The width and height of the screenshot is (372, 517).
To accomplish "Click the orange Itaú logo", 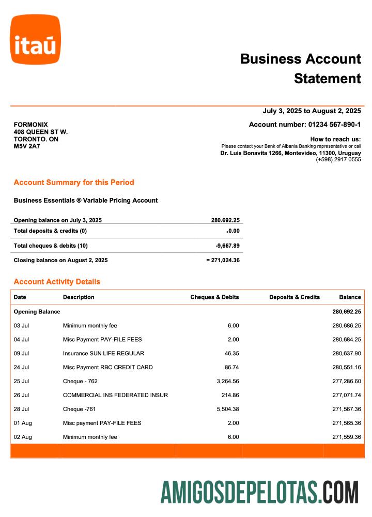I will (35, 40).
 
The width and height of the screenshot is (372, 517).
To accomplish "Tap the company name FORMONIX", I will (30, 125).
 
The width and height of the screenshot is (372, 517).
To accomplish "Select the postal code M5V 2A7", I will (27, 146).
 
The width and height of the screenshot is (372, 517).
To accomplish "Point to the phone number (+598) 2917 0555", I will (338, 160).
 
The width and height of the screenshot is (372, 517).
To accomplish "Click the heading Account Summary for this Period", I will (74, 183).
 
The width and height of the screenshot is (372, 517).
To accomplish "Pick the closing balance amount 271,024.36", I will (225, 260).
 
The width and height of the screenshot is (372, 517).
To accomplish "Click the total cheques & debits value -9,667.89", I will (227, 246).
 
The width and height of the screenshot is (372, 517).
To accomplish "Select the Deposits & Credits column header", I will (295, 297).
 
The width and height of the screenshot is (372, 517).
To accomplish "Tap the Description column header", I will (79, 297).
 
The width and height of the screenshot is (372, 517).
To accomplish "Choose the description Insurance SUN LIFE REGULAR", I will (103, 353).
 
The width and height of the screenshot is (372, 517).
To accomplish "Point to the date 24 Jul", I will (21, 367).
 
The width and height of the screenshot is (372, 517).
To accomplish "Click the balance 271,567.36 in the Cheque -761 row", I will (346, 409).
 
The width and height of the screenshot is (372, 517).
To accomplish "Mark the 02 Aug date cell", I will (23, 437).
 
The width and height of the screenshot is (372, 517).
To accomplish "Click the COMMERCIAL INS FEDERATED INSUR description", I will (115, 395).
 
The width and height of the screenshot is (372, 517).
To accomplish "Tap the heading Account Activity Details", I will (57, 282).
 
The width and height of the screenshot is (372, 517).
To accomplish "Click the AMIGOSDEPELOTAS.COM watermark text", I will (259, 492).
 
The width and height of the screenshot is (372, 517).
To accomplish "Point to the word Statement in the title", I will (328, 79).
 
